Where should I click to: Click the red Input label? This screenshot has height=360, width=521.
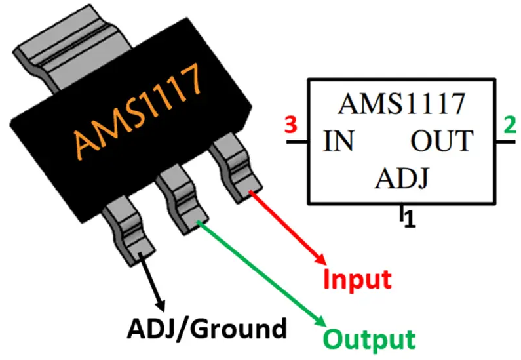pos(358,279)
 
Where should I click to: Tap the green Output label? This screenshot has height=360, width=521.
pos(370,339)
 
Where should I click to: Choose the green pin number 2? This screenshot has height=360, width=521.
pos(509,124)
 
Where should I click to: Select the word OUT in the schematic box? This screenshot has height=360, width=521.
pos(441,141)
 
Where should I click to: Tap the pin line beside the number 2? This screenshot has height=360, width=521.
pos(505,141)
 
